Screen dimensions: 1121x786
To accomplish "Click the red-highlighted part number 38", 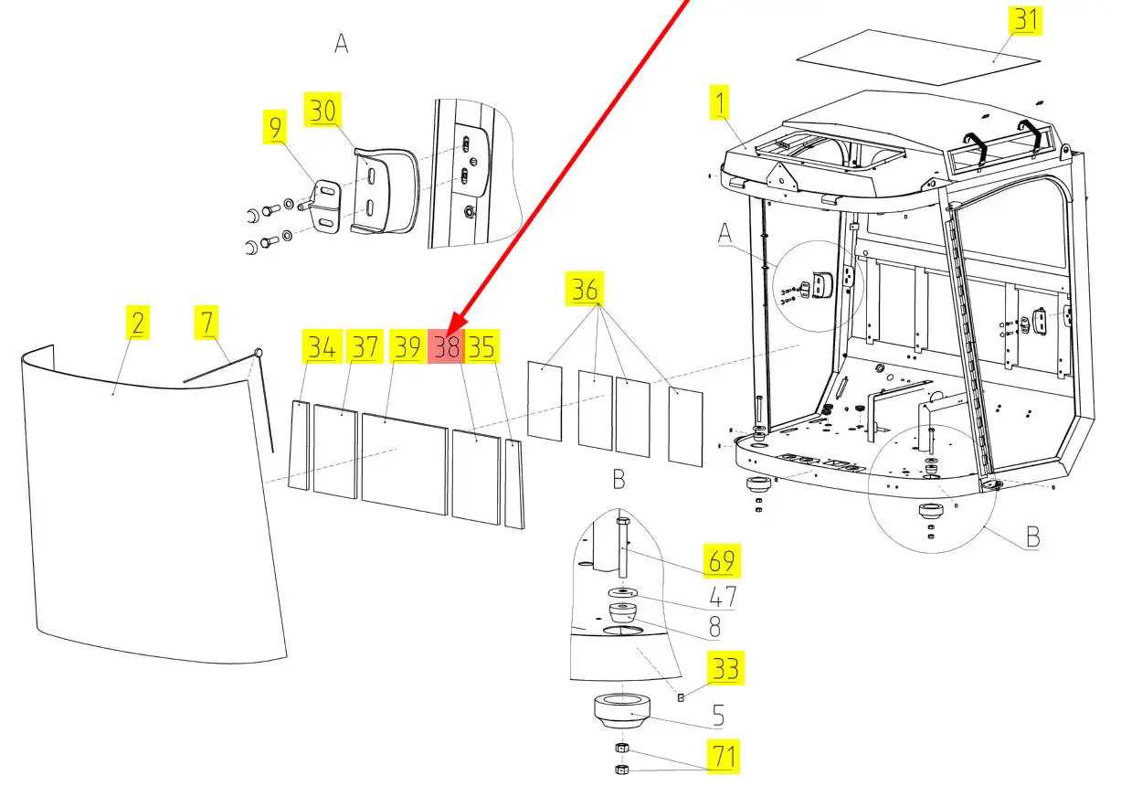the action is pyautogui.click(x=447, y=346).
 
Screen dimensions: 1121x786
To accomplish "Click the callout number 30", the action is pyautogui.click(x=323, y=111).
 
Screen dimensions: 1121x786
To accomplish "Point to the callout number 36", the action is pyautogui.click(x=586, y=290).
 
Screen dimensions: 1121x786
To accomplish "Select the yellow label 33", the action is pyautogui.click(x=725, y=668).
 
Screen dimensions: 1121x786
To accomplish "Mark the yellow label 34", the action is pyautogui.click(x=321, y=346).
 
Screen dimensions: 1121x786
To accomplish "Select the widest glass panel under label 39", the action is pyautogui.click(x=405, y=462).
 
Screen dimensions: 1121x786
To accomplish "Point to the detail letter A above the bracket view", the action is pyautogui.click(x=342, y=44).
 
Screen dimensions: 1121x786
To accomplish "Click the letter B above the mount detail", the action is pyautogui.click(x=619, y=478).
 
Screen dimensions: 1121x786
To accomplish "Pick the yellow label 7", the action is pyautogui.click(x=207, y=323).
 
